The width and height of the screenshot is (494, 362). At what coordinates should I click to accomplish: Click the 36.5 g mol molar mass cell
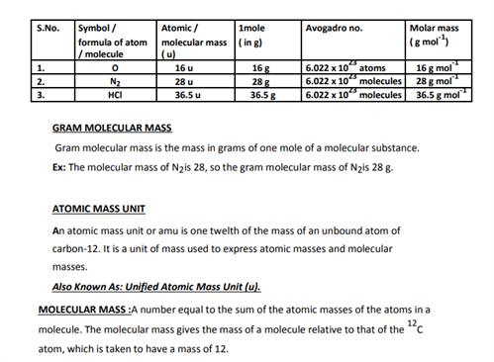point(444,95)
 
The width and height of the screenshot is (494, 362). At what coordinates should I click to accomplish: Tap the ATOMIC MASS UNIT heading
point(100,210)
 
